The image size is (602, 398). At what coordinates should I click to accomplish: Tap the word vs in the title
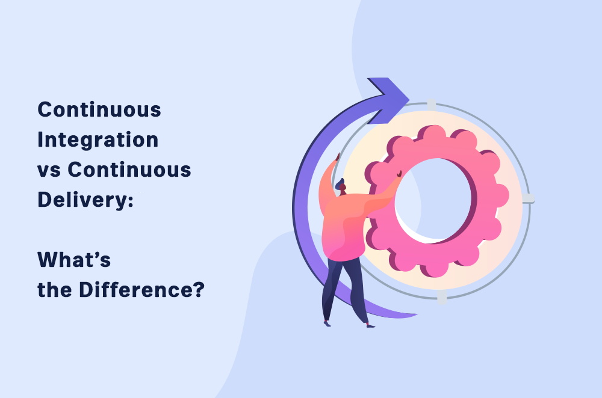(49, 170)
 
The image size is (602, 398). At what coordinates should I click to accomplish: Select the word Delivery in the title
(82, 200)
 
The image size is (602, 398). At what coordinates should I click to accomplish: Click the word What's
(74, 260)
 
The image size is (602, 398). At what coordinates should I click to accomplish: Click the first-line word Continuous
(99, 109)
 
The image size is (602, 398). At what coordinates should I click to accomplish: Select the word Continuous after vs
(129, 170)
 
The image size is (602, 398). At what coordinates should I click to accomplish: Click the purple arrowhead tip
(409, 99)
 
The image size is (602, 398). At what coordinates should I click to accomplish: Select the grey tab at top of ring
(432, 104)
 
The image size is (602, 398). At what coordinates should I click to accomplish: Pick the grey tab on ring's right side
(529, 198)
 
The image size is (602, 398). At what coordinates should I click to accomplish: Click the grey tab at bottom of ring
(442, 297)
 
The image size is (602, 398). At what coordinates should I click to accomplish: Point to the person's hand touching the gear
(399, 174)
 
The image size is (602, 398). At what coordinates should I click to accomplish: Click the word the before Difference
(55, 290)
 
